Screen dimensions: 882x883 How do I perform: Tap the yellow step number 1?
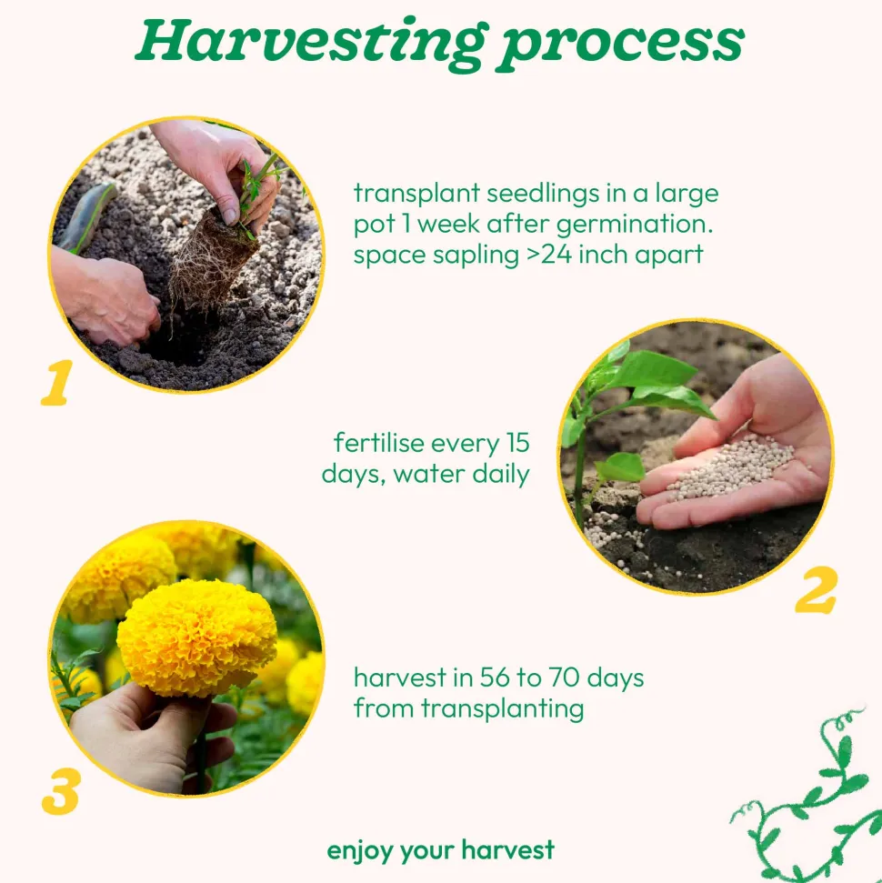[57, 383]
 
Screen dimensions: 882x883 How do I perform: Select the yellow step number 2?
[817, 590]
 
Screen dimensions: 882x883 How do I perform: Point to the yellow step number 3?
[61, 791]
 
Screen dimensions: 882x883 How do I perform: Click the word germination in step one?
[634, 225]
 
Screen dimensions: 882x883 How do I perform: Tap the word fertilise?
[378, 443]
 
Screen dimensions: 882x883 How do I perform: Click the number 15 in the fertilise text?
[517, 443]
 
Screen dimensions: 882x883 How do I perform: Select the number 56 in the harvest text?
[495, 677]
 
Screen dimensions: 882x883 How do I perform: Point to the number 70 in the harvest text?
[565, 677]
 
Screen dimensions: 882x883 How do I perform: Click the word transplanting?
[503, 709]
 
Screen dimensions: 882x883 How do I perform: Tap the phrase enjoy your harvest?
[440, 850]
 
